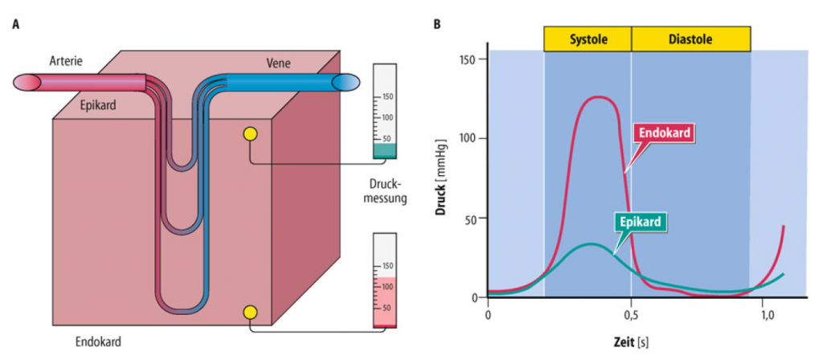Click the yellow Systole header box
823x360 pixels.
tap(588, 39)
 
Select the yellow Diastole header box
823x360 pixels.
tap(690, 39)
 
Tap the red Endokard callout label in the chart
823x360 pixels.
tap(665, 133)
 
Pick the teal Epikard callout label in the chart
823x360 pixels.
tap(641, 223)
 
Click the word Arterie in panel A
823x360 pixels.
tap(67, 61)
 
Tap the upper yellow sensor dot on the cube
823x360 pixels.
tap(251, 134)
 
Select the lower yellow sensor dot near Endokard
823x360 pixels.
tap(251, 313)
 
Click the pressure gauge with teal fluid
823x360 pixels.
tap(385, 111)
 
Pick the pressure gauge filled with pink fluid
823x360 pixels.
tap(385, 280)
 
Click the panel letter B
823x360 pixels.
tap(436, 24)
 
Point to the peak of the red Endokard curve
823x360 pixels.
tap(597, 97)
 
